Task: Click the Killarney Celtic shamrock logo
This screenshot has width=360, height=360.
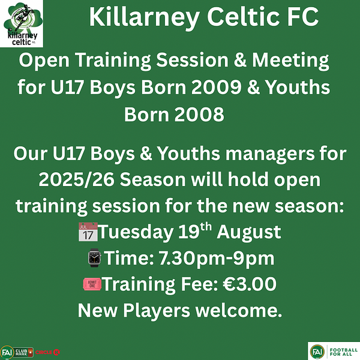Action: point(22,23)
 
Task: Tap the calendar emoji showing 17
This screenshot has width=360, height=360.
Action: point(88,232)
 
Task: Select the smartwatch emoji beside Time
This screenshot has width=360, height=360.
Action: point(95,257)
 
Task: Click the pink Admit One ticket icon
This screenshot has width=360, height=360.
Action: point(92,284)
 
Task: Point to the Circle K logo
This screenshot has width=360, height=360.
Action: point(47,352)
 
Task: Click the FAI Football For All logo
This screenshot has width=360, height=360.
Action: point(334,351)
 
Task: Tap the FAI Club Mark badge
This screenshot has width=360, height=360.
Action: point(17,352)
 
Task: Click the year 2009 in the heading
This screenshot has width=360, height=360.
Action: point(216,88)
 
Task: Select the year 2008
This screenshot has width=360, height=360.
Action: point(199,115)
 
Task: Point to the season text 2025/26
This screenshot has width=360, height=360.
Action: point(76,179)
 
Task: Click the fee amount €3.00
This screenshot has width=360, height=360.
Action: point(250,284)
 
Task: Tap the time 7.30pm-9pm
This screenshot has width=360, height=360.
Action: point(217,258)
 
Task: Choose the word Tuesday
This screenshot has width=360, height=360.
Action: point(136,232)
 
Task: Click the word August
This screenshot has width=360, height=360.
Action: point(249,232)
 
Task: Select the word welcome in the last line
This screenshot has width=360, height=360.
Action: point(239,310)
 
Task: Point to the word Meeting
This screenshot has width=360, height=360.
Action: point(290,61)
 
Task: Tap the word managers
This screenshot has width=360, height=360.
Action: point(270,154)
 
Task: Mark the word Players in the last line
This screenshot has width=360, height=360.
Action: point(157,311)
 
